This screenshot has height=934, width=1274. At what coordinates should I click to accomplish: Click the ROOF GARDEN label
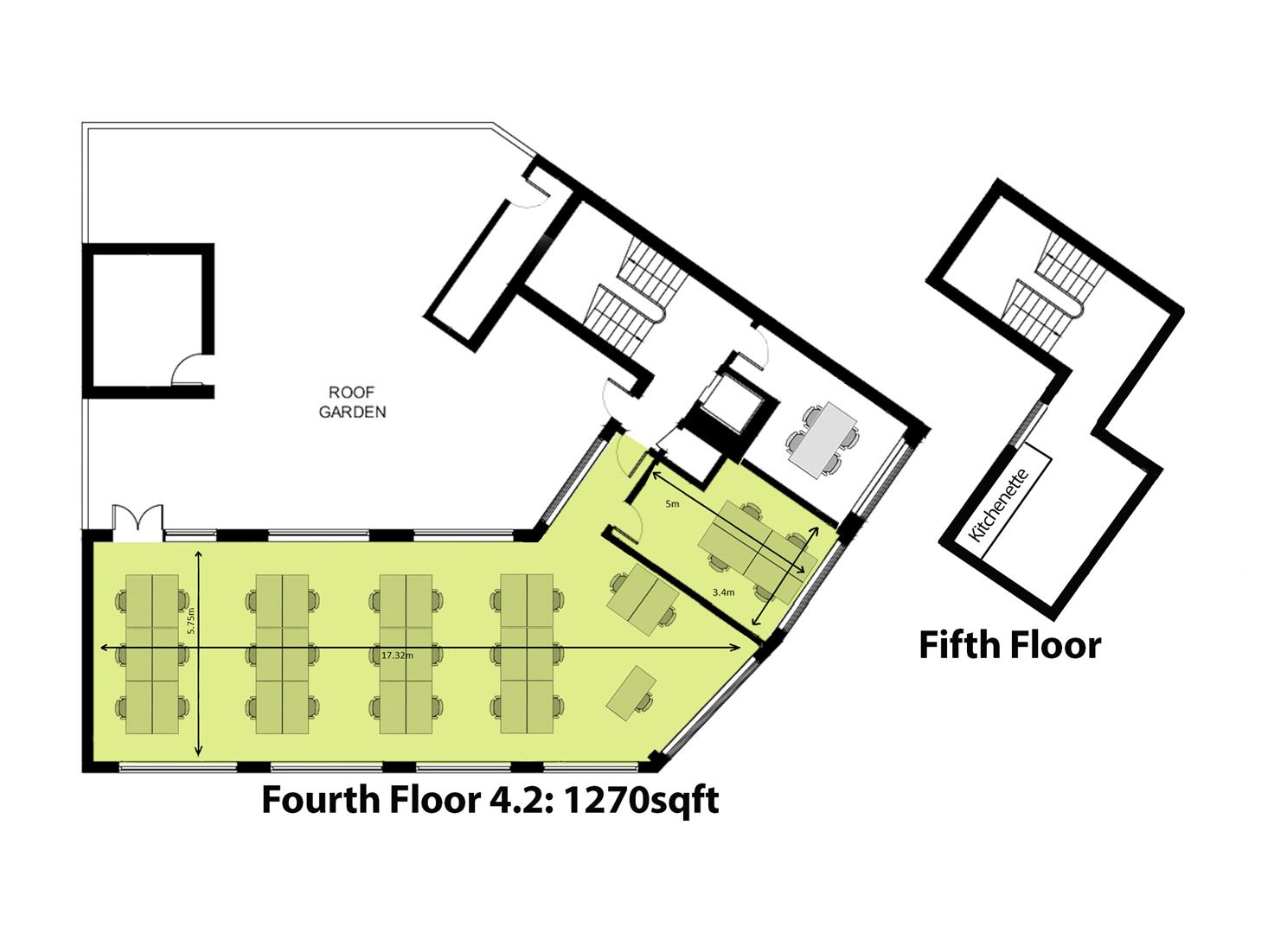pos(352,402)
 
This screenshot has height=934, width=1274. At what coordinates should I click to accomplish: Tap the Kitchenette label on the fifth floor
pos(998,505)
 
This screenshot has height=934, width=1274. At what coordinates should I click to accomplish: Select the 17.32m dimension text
pos(397,656)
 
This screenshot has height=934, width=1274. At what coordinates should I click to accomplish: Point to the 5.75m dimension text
pos(192,621)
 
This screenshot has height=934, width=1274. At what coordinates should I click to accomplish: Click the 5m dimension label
pos(671,503)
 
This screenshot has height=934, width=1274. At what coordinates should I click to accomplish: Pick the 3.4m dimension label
pos(723,592)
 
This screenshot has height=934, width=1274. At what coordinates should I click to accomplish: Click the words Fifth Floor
pos(1009,645)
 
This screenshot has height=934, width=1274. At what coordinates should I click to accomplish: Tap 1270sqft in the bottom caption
pos(641,800)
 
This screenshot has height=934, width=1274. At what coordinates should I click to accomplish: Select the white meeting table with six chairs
pos(822,439)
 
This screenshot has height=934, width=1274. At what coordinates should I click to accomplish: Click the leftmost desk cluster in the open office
pos(152,654)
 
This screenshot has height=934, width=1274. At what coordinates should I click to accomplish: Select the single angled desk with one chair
pos(631,692)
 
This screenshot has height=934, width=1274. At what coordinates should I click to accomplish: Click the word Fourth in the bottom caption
pos(319,800)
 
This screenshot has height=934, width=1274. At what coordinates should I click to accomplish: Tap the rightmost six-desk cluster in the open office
pos(527,654)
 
